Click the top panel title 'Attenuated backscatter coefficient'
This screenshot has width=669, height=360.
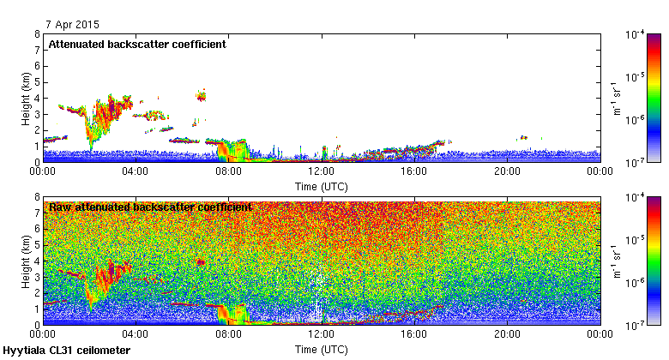coord(137,45)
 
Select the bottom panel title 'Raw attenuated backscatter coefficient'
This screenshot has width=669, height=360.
coord(150,207)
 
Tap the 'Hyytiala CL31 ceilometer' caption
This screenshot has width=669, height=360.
coord(67,351)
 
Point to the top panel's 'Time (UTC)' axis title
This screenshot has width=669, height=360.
coord(321,186)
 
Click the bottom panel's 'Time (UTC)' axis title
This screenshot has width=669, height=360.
coord(321,349)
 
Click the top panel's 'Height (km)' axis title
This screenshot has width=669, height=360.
coord(26,98)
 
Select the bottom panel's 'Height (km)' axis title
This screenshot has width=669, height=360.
coord(26,261)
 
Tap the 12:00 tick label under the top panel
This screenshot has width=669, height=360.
coord(321,171)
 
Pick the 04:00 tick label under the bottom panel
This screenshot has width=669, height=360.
coord(136,334)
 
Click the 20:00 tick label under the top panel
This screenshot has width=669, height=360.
coord(507,171)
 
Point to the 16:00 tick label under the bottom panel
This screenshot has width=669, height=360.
coord(414,334)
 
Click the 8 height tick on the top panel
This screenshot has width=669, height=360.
coord(37,34)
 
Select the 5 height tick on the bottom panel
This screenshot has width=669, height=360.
coord(37,245)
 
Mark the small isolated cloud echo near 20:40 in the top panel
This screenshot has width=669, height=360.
coord(522,137)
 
